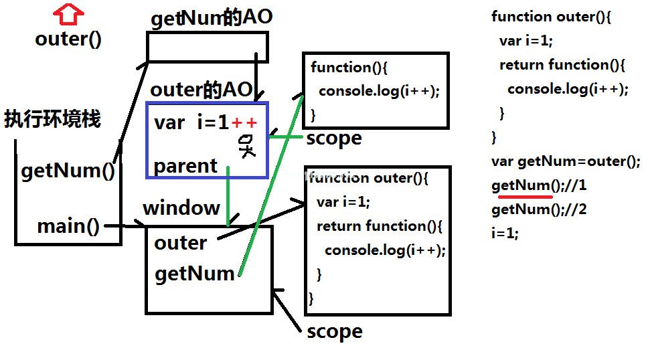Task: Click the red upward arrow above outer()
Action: [x=68, y=14]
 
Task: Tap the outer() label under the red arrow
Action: [x=68, y=39]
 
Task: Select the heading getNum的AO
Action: [x=212, y=18]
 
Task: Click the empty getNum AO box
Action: [x=208, y=34]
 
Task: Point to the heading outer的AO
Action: [x=201, y=89]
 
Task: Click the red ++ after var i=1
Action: [x=244, y=122]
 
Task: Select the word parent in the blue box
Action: [x=185, y=166]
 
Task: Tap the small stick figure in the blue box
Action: [x=247, y=146]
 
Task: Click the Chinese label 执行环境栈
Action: [x=52, y=119]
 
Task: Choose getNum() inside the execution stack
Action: [x=68, y=171]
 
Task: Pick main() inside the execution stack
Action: [x=68, y=226]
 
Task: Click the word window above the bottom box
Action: [x=181, y=207]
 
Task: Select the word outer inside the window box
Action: [x=181, y=243]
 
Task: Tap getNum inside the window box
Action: [x=194, y=274]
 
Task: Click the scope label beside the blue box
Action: [x=334, y=139]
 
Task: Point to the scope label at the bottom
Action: [x=335, y=332]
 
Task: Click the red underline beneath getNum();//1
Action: [x=525, y=197]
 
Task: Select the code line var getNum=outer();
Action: [x=566, y=161]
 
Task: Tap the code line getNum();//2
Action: [x=539, y=209]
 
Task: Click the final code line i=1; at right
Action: [x=505, y=233]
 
